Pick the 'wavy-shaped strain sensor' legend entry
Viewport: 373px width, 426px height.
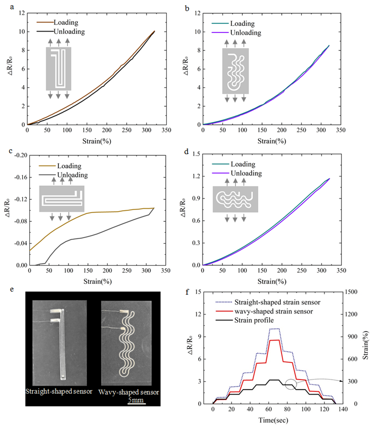[x=269, y=310]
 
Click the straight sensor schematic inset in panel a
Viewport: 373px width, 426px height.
[x=59, y=69]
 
